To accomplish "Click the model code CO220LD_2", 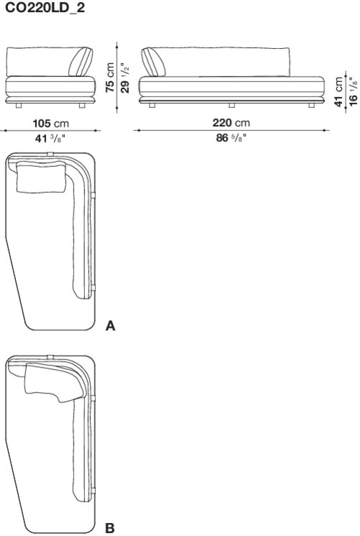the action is (x=45, y=7).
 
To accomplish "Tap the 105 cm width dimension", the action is (x=50, y=123).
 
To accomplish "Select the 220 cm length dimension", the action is (x=231, y=123).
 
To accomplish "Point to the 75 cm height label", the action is (x=110, y=77).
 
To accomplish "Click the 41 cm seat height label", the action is (x=338, y=91).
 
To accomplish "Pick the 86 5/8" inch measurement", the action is (x=231, y=137).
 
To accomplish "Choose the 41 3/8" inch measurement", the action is (x=50, y=138).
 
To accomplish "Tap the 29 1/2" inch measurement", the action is (x=125, y=78).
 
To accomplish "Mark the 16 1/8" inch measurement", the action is (x=353, y=92).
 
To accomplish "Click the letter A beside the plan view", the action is (x=110, y=326).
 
